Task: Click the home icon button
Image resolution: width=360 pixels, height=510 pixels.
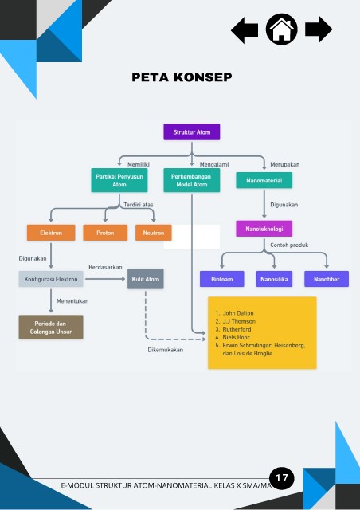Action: (x=281, y=29)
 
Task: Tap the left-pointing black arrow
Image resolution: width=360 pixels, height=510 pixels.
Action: (x=245, y=30)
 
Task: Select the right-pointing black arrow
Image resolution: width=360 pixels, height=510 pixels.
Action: (x=319, y=29)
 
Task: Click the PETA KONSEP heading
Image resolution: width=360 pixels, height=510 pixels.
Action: (x=182, y=77)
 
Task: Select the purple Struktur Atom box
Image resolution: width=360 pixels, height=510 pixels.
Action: (x=191, y=132)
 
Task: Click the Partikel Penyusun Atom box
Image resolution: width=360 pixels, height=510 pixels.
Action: (x=119, y=180)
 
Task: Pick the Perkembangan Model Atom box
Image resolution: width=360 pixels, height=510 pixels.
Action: (x=191, y=180)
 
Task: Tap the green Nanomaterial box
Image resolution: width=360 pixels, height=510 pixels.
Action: (x=264, y=180)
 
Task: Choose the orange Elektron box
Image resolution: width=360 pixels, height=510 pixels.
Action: (x=51, y=233)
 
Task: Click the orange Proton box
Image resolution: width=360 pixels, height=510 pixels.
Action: (x=105, y=233)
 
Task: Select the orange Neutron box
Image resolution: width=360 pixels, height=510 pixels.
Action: (x=154, y=233)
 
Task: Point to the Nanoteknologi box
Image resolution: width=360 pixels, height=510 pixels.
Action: (x=264, y=229)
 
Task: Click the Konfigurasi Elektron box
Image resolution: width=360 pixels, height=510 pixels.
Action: (x=51, y=279)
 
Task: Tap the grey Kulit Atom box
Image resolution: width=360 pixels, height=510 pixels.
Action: (x=146, y=279)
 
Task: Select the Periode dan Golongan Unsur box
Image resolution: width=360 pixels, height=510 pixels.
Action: (x=51, y=328)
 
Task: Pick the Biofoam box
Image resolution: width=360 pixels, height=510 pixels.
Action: (x=221, y=279)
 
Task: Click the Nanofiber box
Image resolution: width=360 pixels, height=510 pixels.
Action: (x=327, y=279)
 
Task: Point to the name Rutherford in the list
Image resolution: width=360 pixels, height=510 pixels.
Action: (x=237, y=329)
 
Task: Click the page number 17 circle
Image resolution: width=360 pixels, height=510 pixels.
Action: (x=282, y=478)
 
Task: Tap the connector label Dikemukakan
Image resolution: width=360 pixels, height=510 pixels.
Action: (x=166, y=350)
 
